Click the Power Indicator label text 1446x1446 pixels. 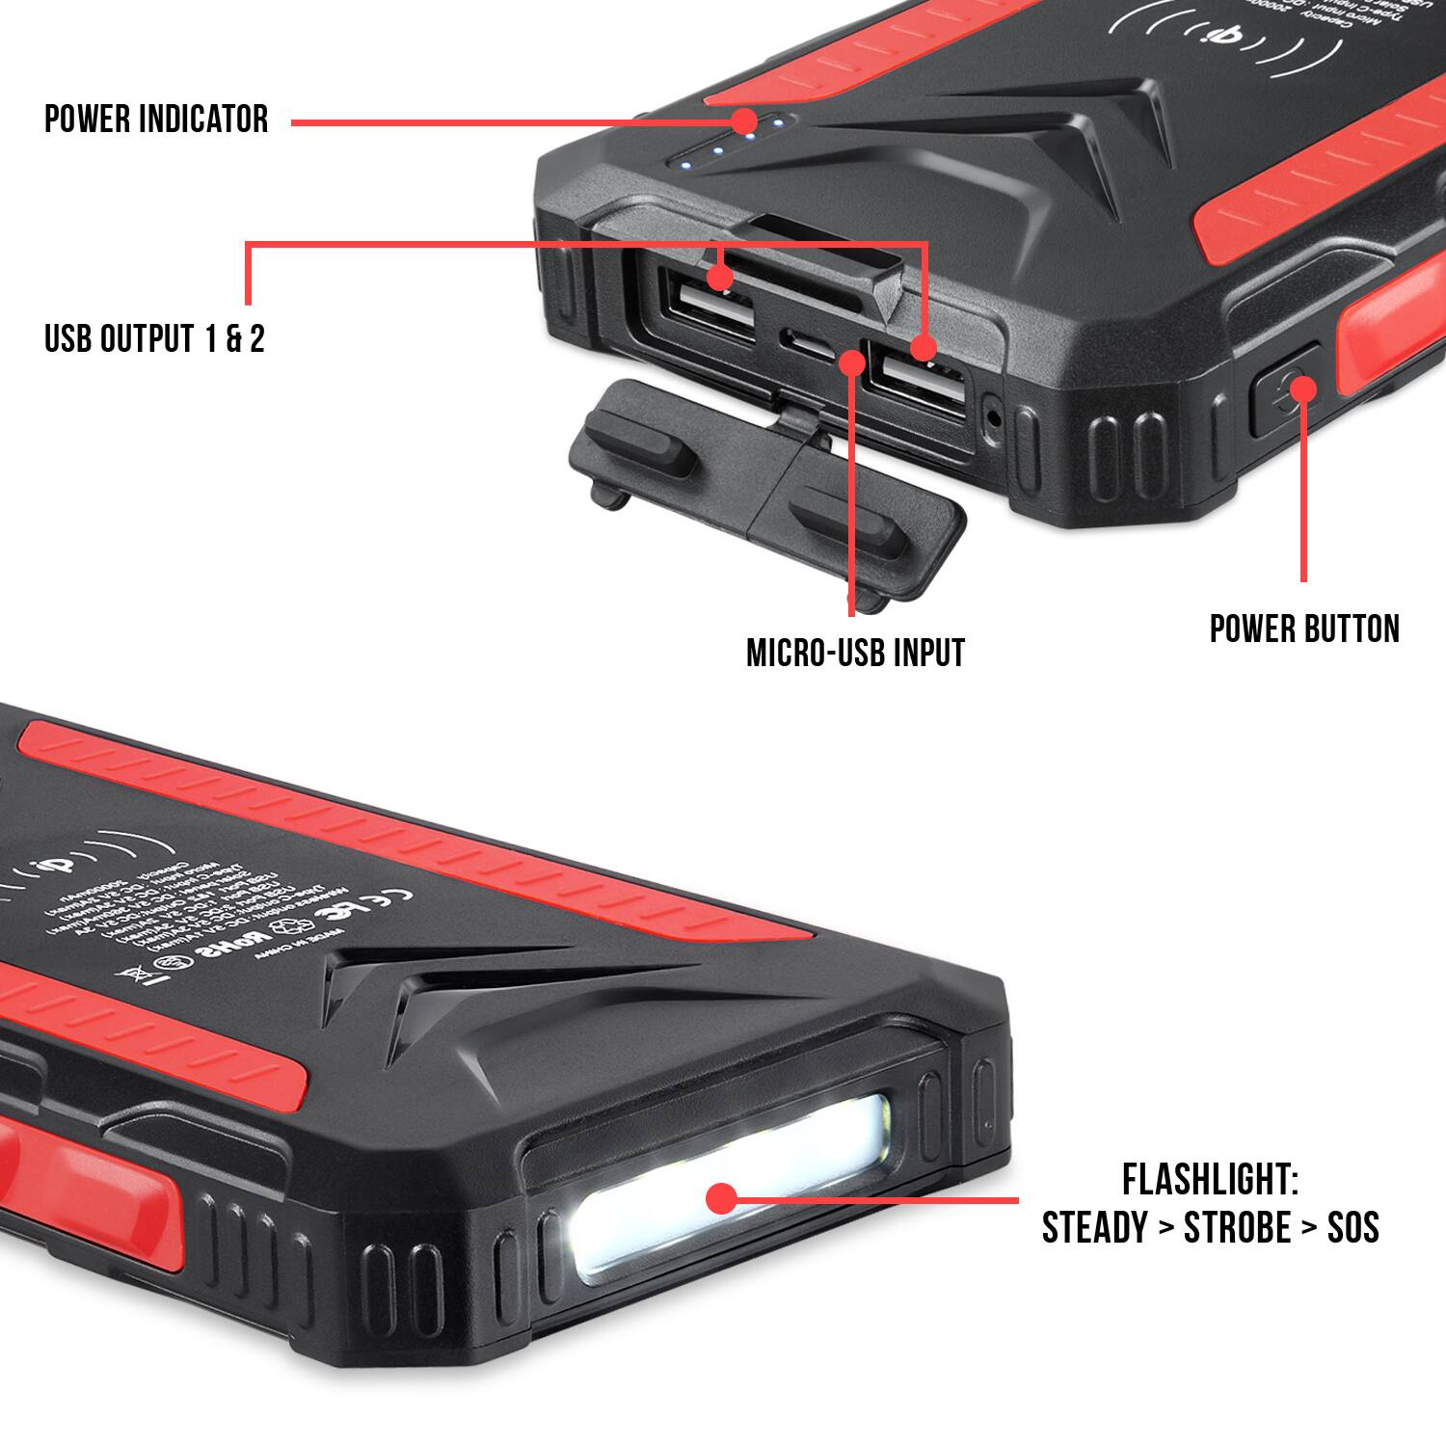pyautogui.click(x=156, y=120)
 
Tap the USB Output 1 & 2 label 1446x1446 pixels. pyautogui.click(x=154, y=339)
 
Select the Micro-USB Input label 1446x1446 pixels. pyautogui.click(x=855, y=654)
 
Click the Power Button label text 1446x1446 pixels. pyautogui.click(x=1304, y=629)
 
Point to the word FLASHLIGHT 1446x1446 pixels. pyautogui.click(x=1210, y=1180)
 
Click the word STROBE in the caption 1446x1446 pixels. pyautogui.click(x=1237, y=1228)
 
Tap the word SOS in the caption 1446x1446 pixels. pyautogui.click(x=1352, y=1228)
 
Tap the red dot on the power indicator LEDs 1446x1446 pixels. pyautogui.click(x=744, y=121)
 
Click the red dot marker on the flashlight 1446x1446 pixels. pyautogui.click(x=720, y=1198)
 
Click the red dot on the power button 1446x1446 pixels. pyautogui.click(x=1302, y=388)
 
